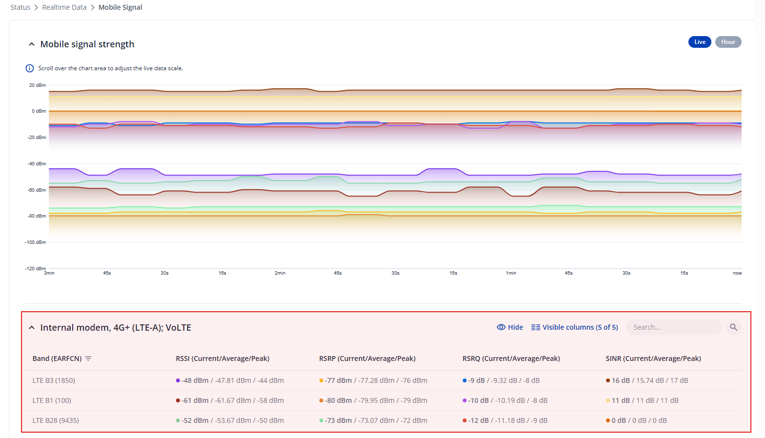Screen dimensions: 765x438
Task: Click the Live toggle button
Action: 700,42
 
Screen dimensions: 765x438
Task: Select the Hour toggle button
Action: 728,42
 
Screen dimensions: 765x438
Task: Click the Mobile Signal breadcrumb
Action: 120,7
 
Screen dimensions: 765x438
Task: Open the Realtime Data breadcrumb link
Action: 64,7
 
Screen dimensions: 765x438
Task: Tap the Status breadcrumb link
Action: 20,7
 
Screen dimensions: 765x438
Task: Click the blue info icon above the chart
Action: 30,68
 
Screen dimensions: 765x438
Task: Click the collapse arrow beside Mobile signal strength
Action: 32,44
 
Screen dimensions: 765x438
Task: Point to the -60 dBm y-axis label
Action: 37,190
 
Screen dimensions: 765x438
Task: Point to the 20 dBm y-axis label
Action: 38,85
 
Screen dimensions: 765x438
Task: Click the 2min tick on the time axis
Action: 280,273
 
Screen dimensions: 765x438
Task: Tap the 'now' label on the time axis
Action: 737,273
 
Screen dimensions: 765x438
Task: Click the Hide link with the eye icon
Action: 510,327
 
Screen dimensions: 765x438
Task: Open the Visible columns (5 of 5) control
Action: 575,327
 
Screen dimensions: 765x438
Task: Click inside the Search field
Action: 674,327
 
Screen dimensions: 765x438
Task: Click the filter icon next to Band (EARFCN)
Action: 88,358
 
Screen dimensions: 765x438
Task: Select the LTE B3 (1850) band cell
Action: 54,380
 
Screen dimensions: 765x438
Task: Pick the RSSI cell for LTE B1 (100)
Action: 230,400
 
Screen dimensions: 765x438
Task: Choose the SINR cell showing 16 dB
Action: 647,380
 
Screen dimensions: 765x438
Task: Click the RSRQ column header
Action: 511,358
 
